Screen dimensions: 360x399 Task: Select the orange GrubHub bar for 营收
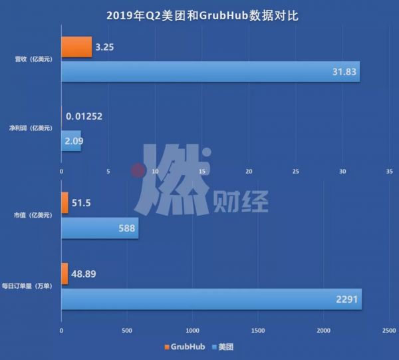tap(76, 47)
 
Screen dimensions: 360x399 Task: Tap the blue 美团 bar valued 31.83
tap(210, 71)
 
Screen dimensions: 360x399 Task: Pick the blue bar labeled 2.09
tap(71, 140)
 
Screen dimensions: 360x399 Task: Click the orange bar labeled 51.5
tap(65, 203)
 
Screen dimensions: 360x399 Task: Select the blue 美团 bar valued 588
tap(100, 230)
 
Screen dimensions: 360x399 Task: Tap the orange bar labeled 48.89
tap(65, 273)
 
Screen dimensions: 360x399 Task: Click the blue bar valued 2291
tap(211, 299)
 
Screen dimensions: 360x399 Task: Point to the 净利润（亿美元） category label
tap(31, 128)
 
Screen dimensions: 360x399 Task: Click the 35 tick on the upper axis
tap(390, 171)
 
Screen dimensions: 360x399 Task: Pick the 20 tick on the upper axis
tap(249, 171)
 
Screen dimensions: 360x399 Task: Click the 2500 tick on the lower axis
tap(389, 330)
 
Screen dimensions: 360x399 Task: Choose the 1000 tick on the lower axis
tap(192, 330)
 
